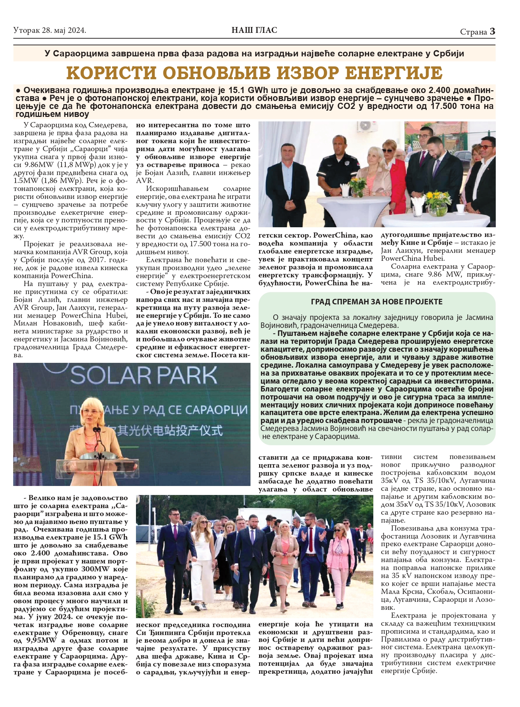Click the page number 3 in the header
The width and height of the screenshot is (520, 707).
(492, 31)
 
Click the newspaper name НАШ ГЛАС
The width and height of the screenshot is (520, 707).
(254, 30)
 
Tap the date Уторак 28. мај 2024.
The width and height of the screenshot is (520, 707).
(50, 31)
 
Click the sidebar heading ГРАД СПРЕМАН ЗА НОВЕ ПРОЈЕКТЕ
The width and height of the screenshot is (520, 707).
(377, 302)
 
